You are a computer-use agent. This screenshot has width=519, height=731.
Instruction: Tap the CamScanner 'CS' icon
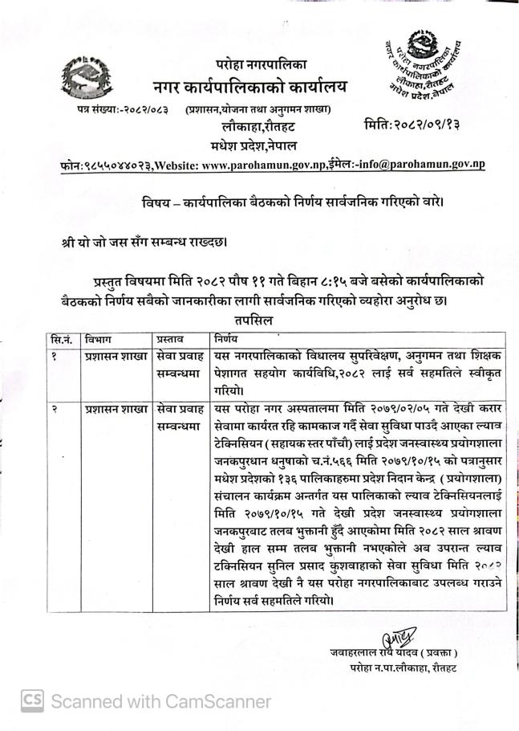32,700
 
